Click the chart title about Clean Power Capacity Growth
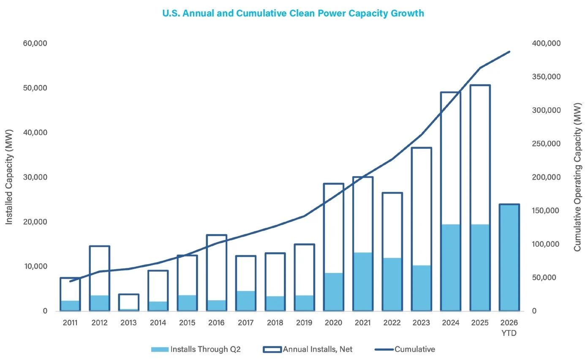pos(293,13)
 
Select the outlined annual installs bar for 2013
pos(128,295)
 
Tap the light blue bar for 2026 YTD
pos(509,258)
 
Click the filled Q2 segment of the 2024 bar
pos(451,267)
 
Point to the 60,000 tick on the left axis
pos(35,43)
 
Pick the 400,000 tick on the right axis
pos(546,43)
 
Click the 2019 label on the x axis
pos(304,323)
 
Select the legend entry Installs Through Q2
pos(196,349)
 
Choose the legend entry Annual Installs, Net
pos(307,349)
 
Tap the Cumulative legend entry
pos(405,349)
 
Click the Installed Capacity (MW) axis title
pos(9,177)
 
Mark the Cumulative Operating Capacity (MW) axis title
pos(577,177)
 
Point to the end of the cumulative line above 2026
pos(509,52)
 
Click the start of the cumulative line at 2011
pos(70,281)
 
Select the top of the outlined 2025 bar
pos(480,85)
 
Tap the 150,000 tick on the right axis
pos(546,210)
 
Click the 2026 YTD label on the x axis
pos(509,327)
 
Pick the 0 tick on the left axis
pos(45,311)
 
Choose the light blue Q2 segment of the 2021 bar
pos(363,282)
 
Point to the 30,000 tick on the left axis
pos(35,177)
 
